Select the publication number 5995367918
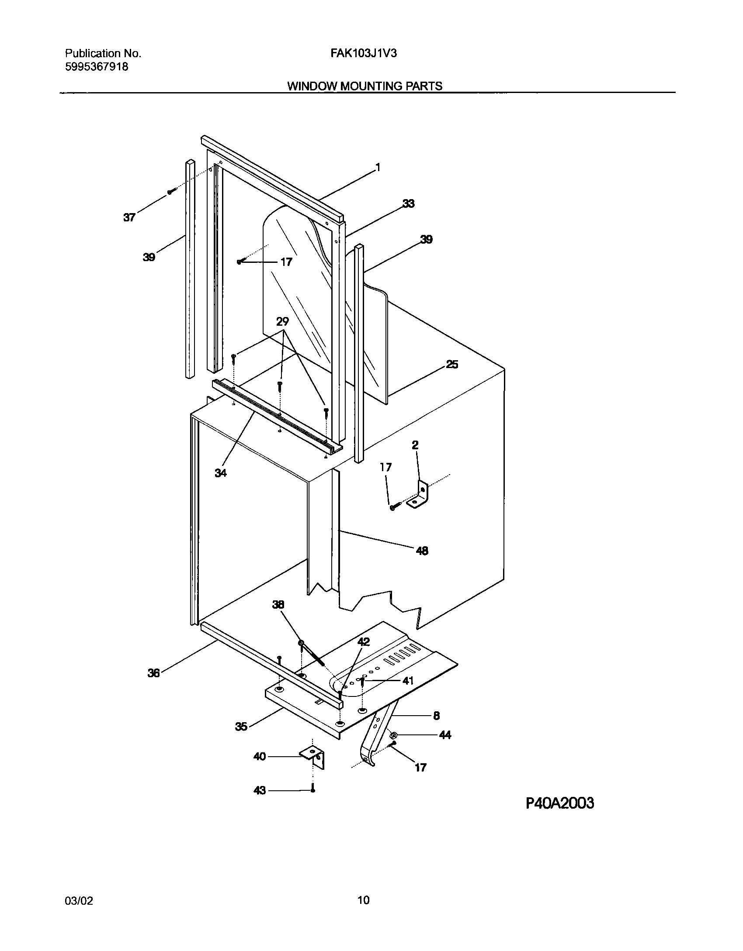tap(97, 67)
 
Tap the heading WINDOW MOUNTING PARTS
tap(365, 86)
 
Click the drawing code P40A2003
tap(559, 803)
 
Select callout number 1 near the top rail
tap(378, 168)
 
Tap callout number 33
tap(408, 203)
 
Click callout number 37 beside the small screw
tap(129, 217)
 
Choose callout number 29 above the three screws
tap(283, 322)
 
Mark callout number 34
tap(221, 472)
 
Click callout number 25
tap(452, 364)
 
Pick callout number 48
tap(422, 551)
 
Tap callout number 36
tap(153, 673)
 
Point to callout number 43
tap(260, 790)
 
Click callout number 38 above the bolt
tap(278, 604)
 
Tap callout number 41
tap(407, 681)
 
